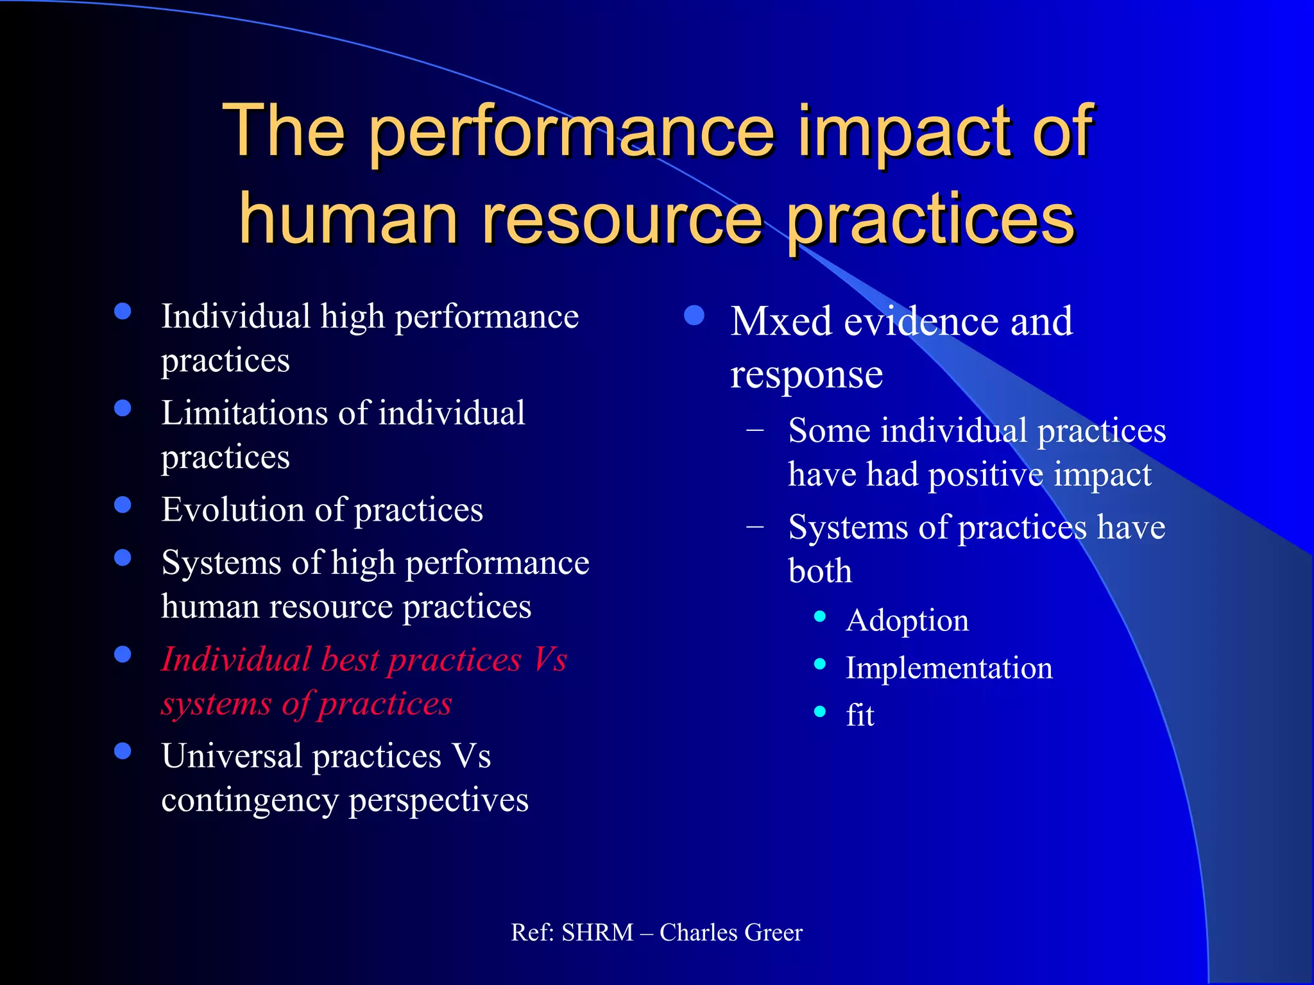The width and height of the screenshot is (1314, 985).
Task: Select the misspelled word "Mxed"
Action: pyautogui.click(x=781, y=321)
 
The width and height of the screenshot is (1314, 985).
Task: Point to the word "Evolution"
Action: pyautogui.click(x=232, y=510)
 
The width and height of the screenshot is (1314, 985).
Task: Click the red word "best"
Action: pyautogui.click(x=352, y=660)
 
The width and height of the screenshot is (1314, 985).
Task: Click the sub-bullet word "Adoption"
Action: pyautogui.click(x=907, y=621)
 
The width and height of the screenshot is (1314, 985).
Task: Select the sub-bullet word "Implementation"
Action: pyautogui.click(x=949, y=668)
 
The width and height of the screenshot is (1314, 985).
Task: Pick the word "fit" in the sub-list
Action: pyautogui.click(x=860, y=715)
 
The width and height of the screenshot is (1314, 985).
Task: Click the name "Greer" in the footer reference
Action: pyautogui.click(x=774, y=932)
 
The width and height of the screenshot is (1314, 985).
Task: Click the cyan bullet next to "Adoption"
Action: pyautogui.click(x=820, y=617)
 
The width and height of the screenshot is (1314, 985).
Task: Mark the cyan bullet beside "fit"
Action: pyautogui.click(x=820, y=711)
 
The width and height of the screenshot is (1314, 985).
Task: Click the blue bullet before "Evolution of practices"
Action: pyautogui.click(x=123, y=505)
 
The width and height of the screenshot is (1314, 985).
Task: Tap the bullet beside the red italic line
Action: pyautogui.click(x=123, y=654)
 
